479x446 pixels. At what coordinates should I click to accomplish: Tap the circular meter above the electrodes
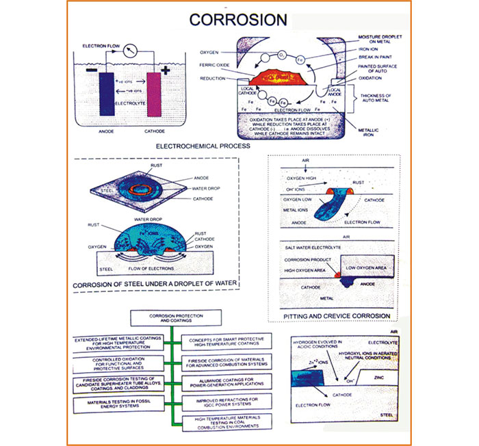pyautogui.click(x=134, y=49)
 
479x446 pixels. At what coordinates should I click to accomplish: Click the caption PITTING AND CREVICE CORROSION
pyautogui.click(x=337, y=316)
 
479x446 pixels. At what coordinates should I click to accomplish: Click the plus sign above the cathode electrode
pyautogui.click(x=165, y=70)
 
